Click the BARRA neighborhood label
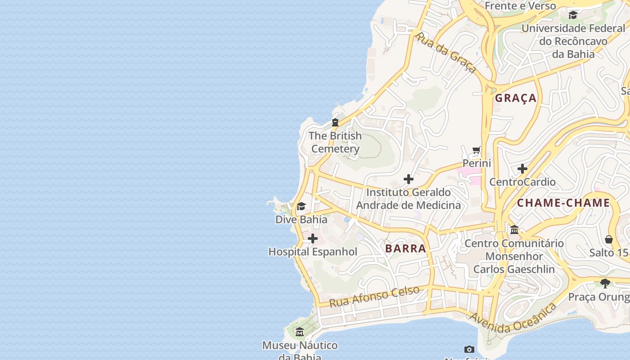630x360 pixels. tap(405, 248)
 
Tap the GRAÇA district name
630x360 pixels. tap(516, 98)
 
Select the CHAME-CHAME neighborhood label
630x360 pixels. tap(563, 203)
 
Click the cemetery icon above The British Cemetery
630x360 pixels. tap(335, 122)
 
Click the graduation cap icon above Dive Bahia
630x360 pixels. tap(301, 207)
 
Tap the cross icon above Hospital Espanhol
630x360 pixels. tap(313, 238)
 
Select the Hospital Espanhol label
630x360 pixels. tap(313, 252)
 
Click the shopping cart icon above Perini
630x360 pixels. tap(477, 150)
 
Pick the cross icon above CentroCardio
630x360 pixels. tap(522, 169)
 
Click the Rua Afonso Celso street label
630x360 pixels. tap(374, 297)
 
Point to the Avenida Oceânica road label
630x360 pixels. tap(513, 319)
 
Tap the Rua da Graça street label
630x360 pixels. tap(445, 52)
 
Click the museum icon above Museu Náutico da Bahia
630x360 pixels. tap(300, 332)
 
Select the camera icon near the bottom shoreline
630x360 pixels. tap(469, 349)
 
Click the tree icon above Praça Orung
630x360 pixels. tap(605, 283)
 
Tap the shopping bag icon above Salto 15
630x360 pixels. tap(609, 239)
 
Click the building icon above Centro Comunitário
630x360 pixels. tap(514, 230)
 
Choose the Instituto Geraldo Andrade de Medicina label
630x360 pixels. tap(409, 199)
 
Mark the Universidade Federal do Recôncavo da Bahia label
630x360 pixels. tap(573, 41)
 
